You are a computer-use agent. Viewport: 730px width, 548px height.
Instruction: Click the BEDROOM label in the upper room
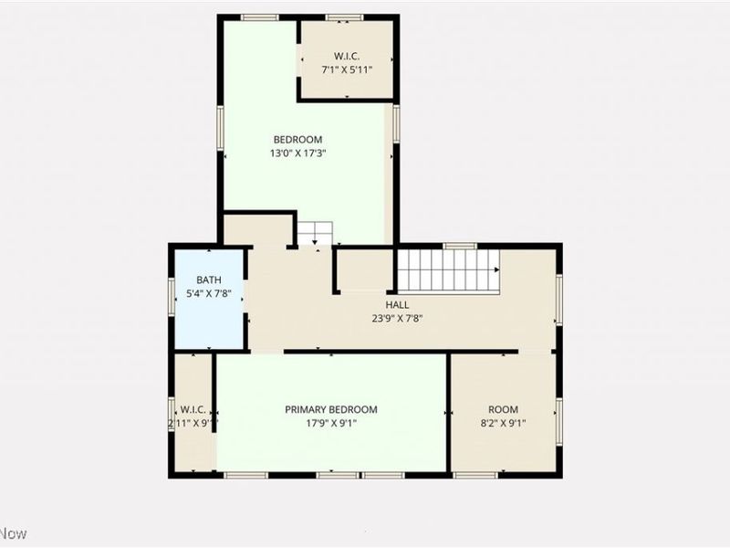[297, 139]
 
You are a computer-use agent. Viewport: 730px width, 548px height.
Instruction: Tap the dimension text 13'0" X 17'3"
[297, 153]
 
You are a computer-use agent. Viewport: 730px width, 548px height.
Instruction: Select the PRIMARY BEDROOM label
[330, 410]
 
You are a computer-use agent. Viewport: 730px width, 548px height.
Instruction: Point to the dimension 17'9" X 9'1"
[330, 424]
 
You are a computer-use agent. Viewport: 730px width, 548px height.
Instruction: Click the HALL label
[397, 305]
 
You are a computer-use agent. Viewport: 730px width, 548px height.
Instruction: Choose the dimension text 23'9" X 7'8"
[397, 319]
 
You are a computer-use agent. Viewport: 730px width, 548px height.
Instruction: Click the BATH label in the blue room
[209, 279]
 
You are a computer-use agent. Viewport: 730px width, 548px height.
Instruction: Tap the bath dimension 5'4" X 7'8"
[209, 293]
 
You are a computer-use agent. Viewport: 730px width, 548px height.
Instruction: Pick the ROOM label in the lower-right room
[503, 410]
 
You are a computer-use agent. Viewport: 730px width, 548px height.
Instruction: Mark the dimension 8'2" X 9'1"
[503, 424]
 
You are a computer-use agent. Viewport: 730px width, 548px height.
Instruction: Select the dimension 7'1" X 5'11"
[347, 68]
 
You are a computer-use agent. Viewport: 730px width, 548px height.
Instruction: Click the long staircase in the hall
[447, 269]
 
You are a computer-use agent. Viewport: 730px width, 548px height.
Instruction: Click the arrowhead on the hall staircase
[497, 269]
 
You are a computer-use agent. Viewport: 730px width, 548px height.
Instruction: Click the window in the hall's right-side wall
[559, 300]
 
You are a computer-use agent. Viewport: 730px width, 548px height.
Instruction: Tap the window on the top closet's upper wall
[344, 16]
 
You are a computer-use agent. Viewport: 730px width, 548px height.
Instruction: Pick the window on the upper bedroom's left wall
[220, 127]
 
